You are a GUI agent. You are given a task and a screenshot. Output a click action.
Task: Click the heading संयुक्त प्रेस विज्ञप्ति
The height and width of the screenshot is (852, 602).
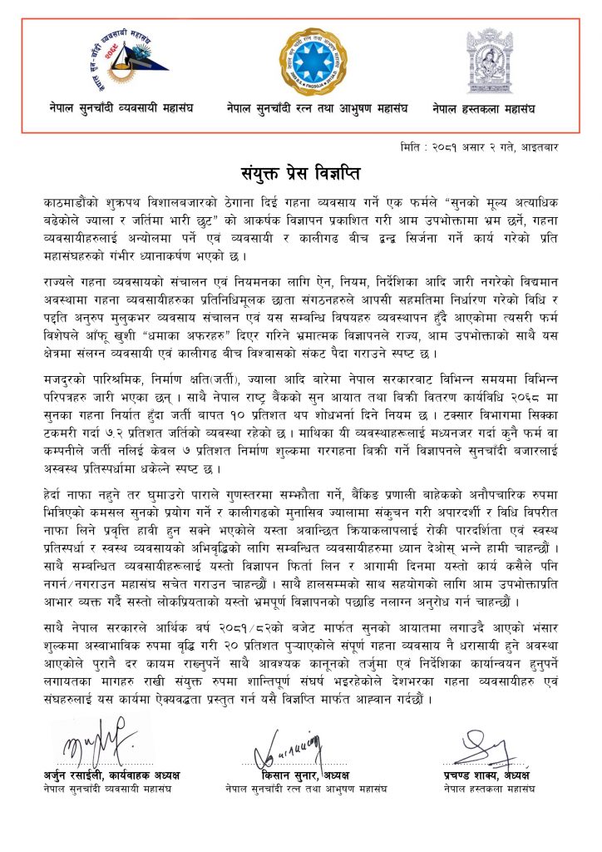(300, 175)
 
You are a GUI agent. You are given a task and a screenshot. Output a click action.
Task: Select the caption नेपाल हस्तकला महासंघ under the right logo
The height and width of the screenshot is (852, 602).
(484, 108)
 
